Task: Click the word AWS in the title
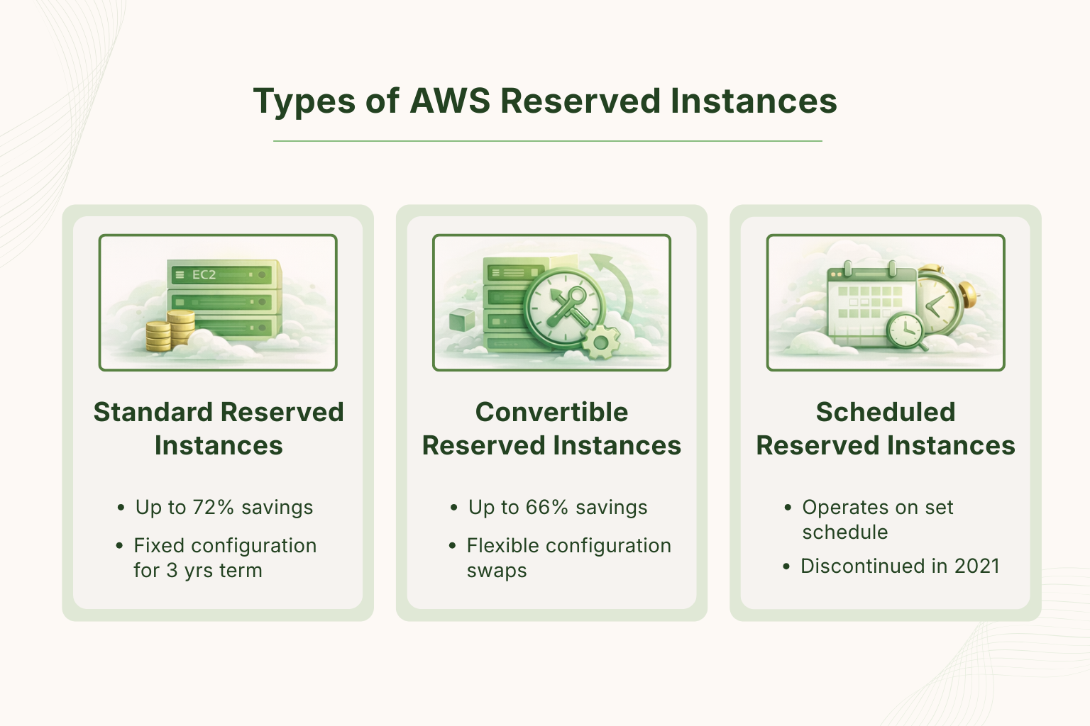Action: click(x=450, y=101)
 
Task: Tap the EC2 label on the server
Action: click(x=204, y=274)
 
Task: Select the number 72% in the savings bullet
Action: click(x=213, y=508)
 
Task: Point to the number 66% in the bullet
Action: click(x=547, y=508)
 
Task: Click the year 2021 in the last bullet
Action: click(x=976, y=566)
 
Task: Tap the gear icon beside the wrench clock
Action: click(x=601, y=343)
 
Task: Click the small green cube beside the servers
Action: click(x=462, y=320)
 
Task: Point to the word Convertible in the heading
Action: click(x=551, y=412)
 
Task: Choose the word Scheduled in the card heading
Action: click(x=886, y=412)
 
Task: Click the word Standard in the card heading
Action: click(x=153, y=412)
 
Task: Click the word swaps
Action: click(x=497, y=571)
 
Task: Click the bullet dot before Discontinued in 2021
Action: click(x=786, y=566)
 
